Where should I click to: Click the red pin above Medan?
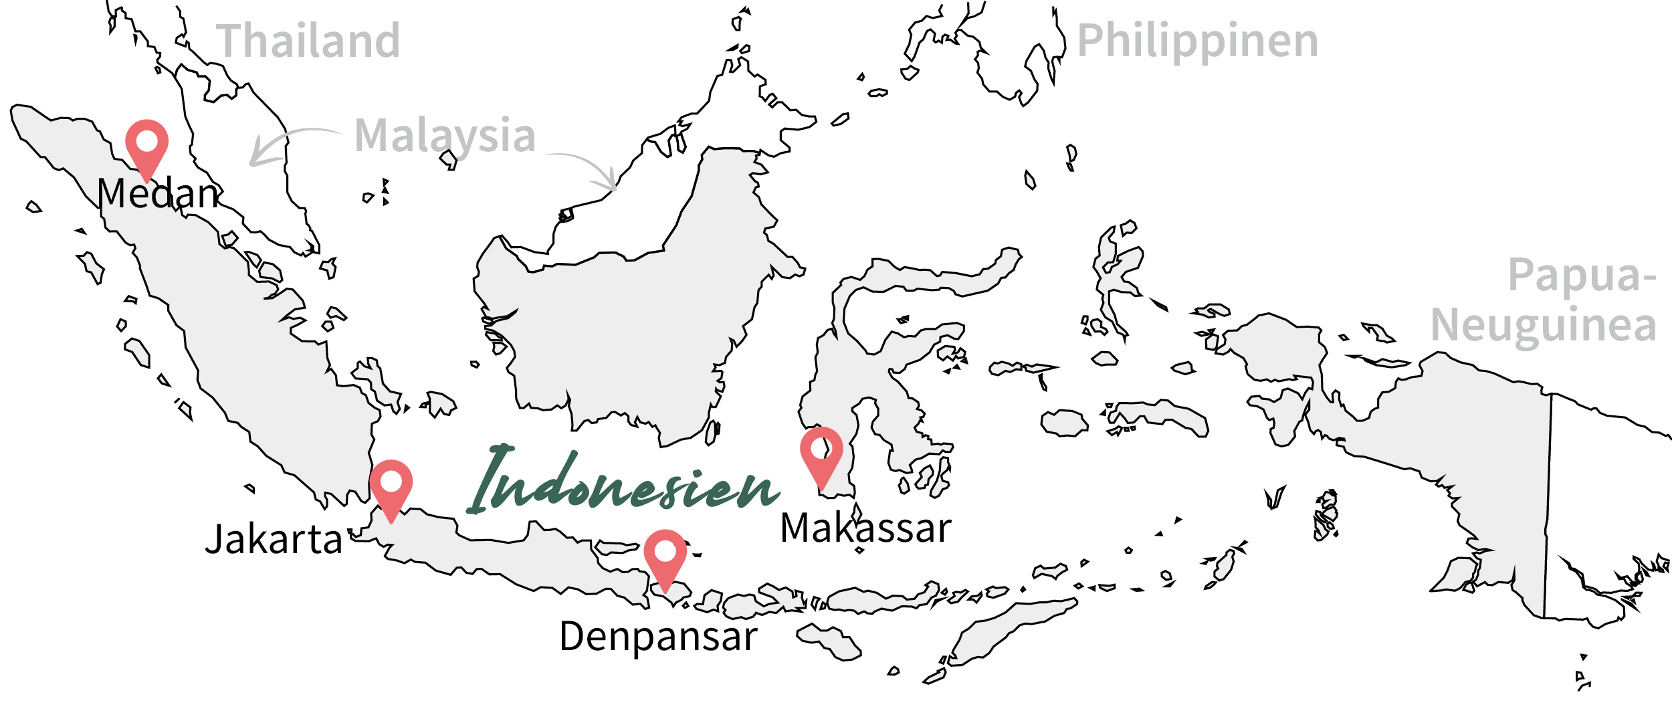[x=146, y=144]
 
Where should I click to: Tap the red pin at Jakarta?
[x=391, y=484]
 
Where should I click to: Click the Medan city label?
[x=158, y=194]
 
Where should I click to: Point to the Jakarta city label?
[x=273, y=540]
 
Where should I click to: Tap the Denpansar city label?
[x=658, y=637]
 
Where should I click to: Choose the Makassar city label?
[x=865, y=528]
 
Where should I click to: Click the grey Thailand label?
[x=308, y=41]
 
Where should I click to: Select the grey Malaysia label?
[x=445, y=136]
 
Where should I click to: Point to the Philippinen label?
[x=1197, y=41]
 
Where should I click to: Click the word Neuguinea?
[x=1544, y=326]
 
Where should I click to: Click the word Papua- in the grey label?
[x=1582, y=275]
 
